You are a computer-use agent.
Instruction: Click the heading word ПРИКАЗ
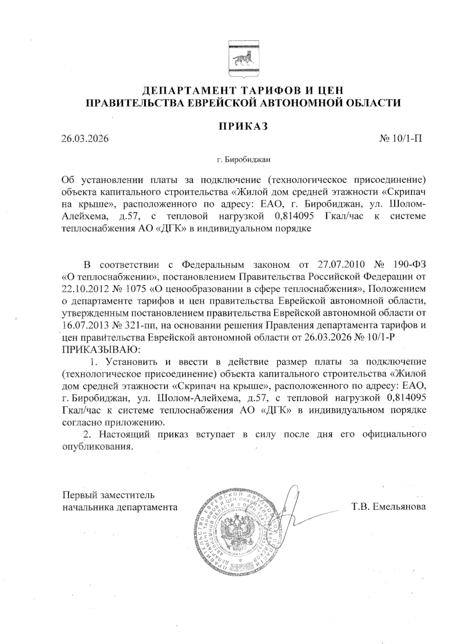(x=243, y=126)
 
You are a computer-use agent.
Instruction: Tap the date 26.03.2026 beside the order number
(x=85, y=139)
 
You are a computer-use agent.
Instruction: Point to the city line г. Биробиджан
(x=244, y=160)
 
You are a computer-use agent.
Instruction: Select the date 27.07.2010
(x=341, y=265)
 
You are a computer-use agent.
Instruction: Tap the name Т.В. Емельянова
(x=389, y=506)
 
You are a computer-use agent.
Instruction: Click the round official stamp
(x=239, y=531)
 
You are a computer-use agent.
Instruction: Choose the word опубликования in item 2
(x=97, y=447)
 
